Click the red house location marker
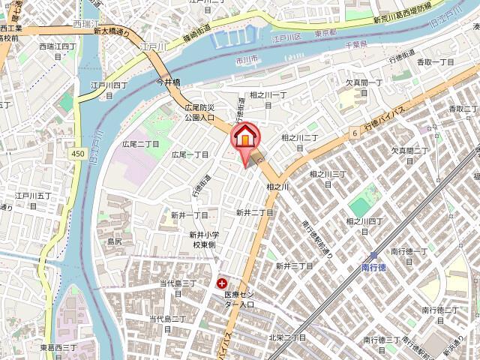245,138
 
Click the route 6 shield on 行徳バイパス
352,132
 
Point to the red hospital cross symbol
222,284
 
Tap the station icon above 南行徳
373,255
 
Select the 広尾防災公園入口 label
200,112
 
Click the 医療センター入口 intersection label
239,299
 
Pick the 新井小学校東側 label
202,239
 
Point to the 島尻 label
114,241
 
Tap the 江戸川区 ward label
286,36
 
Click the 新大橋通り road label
112,31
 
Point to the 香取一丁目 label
436,61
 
